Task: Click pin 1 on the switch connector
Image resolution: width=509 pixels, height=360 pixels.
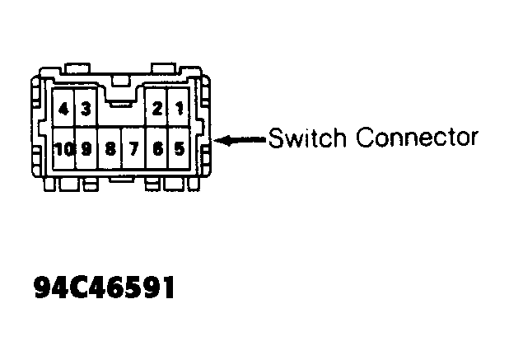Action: tap(179, 108)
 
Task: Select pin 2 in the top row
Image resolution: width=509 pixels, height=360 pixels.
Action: tap(157, 108)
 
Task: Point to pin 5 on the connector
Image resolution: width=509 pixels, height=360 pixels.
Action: tap(180, 148)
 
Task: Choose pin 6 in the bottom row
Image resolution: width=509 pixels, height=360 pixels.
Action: tap(158, 149)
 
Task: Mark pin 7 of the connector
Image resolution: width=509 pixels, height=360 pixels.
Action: tap(133, 149)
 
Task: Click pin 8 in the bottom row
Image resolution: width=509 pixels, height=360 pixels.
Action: tap(110, 149)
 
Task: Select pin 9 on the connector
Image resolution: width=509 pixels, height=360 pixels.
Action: tap(86, 149)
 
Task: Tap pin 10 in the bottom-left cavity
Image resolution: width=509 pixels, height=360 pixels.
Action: tap(64, 149)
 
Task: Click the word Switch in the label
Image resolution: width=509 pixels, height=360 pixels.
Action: tap(307, 138)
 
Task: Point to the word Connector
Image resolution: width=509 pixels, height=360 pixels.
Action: tap(417, 138)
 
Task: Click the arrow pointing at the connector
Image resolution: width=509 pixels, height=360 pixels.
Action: tap(240, 140)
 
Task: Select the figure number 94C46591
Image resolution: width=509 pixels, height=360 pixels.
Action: tap(105, 288)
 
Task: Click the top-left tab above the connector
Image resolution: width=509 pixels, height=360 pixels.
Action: tap(77, 68)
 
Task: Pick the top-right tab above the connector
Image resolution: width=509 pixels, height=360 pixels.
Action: tap(164, 68)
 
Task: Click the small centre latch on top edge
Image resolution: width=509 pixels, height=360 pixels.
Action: tap(121, 82)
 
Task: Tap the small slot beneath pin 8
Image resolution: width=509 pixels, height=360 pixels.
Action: tap(121, 180)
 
